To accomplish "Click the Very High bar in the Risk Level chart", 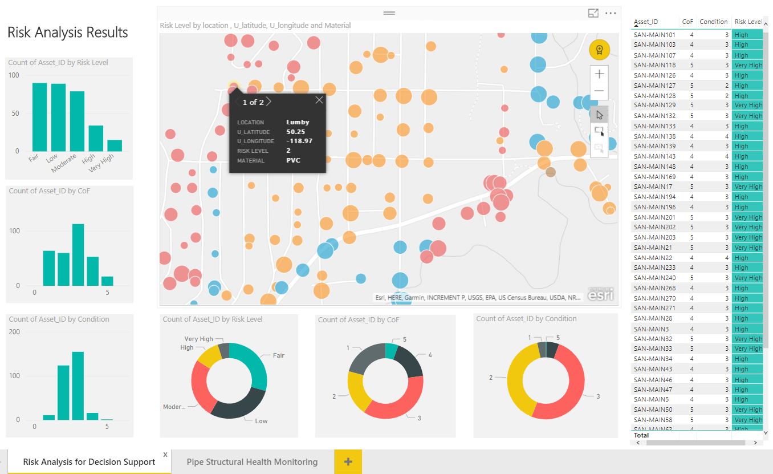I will coord(115,145).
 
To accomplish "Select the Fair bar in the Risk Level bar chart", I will coord(39,117).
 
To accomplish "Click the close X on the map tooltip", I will coord(319,100).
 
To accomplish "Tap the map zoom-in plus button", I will coord(599,74).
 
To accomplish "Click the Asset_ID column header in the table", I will coord(646,22).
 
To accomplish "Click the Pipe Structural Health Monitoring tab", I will coord(252,461).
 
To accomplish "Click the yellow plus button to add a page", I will coord(348,461).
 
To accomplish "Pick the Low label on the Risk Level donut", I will coord(261,421).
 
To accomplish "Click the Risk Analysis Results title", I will coord(67,33).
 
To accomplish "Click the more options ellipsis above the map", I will coord(611,13).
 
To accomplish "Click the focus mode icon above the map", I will coord(593,13).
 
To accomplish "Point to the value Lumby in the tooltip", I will coord(298,122).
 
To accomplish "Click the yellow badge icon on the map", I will coord(599,50).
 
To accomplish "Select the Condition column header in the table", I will coord(714,22).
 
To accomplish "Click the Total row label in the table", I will coord(641,435).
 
